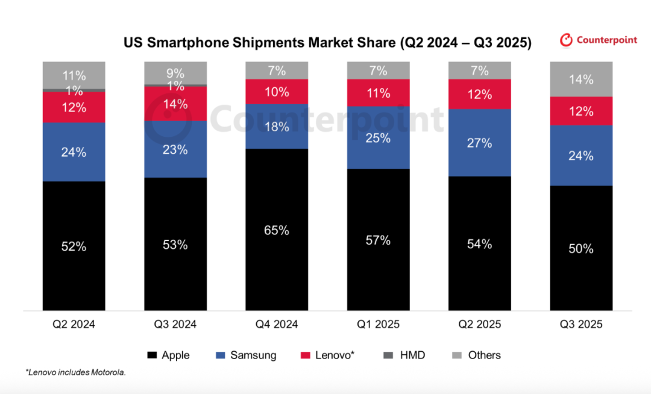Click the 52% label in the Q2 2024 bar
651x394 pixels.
click(x=74, y=246)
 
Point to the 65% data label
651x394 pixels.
click(x=277, y=230)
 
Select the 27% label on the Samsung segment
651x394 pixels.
click(x=480, y=143)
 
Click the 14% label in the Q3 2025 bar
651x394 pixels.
click(x=581, y=80)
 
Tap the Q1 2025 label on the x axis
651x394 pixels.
click(x=378, y=324)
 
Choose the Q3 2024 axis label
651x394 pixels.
click(x=175, y=324)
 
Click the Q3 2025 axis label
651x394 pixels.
click(x=581, y=324)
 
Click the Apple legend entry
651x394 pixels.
click(x=169, y=355)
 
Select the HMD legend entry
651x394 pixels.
click(x=406, y=355)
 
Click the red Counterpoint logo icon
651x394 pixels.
click(x=566, y=40)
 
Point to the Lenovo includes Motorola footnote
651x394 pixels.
click(x=76, y=373)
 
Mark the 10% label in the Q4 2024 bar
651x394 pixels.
click(x=277, y=92)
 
